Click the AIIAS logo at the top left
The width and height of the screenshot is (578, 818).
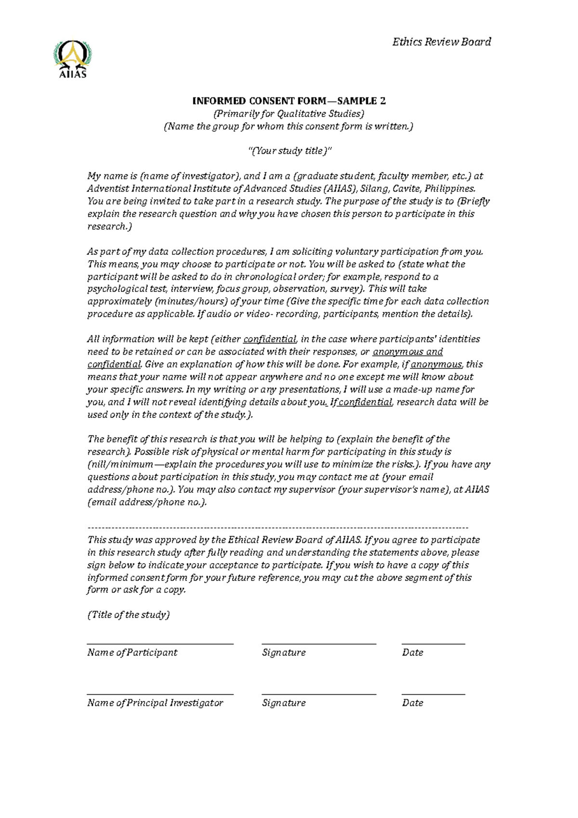tap(73, 59)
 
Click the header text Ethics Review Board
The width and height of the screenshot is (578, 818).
tap(441, 42)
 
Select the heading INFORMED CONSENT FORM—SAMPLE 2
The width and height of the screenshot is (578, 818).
tap(289, 101)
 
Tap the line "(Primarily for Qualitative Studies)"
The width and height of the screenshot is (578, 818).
tap(289, 114)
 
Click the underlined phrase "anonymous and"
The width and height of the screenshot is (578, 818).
tap(407, 352)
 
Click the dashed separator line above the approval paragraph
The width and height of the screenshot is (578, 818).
tap(277, 528)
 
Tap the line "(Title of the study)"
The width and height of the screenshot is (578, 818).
tap(128, 615)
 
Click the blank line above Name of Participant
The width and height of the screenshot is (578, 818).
tap(160, 644)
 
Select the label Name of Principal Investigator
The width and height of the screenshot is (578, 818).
tap(155, 703)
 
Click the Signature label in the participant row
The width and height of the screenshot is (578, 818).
tap(284, 653)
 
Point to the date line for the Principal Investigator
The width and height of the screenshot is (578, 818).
tap(433, 694)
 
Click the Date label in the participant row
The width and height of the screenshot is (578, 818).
tap(412, 653)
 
